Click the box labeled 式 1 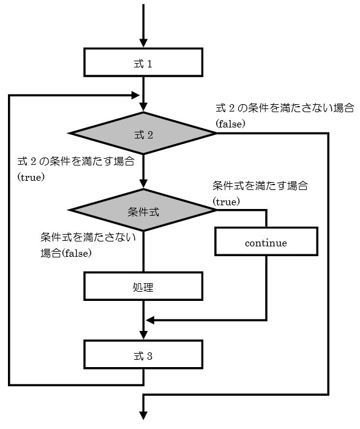[143, 62]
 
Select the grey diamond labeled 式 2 [143, 133]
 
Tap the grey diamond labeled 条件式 [143, 210]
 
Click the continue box [266, 241]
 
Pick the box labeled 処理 [143, 286]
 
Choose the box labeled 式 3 [143, 354]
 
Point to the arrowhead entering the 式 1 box [143, 44]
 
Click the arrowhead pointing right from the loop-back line [135, 95]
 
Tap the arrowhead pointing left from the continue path [151, 320]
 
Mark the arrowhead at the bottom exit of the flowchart [143, 416]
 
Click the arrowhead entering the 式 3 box [143, 335]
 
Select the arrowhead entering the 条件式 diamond [143, 184]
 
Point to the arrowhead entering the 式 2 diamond [143, 107]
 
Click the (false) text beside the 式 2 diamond [230, 124]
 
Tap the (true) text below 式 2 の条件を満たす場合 [31, 177]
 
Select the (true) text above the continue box [227, 202]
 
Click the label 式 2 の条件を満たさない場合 [285, 108]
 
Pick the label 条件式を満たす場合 [260, 186]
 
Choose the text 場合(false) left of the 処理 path [66, 253]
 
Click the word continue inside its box [266, 243]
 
